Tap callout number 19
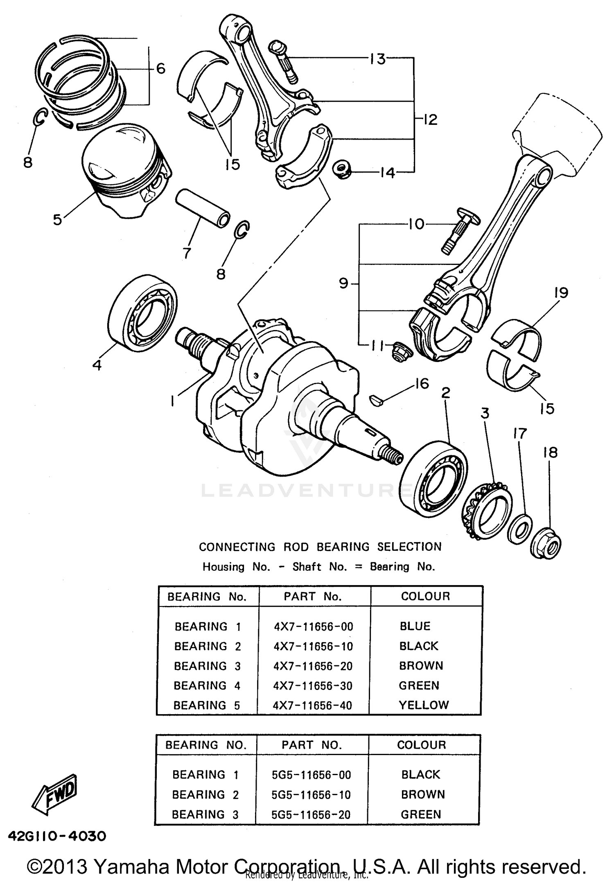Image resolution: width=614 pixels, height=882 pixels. coord(561,293)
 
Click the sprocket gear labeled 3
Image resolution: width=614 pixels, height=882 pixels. coord(487,510)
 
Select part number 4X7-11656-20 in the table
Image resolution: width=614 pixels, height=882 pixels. coord(313,666)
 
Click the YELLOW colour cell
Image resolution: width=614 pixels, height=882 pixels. coord(424,705)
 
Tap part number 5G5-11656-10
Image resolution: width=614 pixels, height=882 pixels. coord(311,795)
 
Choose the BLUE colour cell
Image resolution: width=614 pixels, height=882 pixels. coord(415,626)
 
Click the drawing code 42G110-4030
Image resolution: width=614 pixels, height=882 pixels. coord(57,836)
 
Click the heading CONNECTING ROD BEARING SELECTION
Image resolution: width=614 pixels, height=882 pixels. coord(320,547)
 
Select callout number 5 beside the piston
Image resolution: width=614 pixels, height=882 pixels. coord(57,220)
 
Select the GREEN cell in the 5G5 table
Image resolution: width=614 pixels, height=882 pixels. coord(421,814)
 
